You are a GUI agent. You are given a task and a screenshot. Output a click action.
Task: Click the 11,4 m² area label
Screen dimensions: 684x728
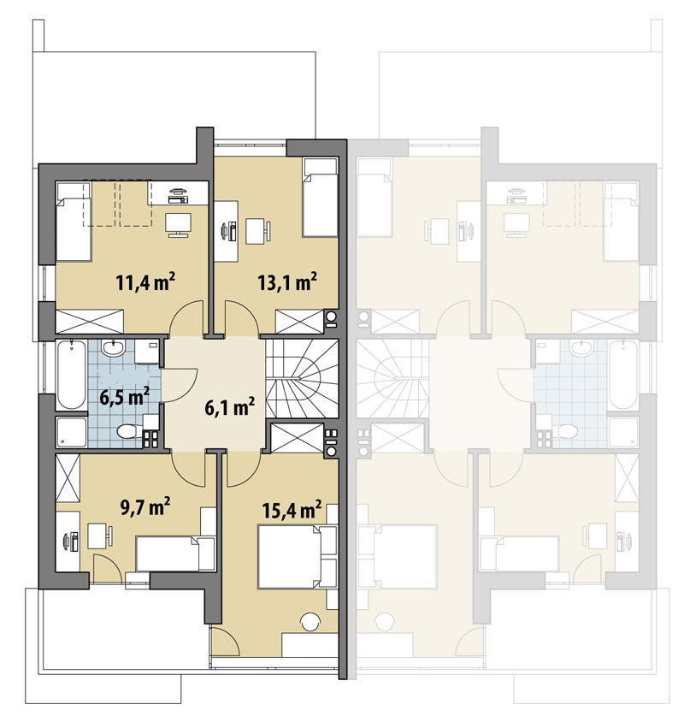(x=145, y=281)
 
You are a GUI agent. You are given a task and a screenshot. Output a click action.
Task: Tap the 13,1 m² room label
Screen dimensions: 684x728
(x=287, y=281)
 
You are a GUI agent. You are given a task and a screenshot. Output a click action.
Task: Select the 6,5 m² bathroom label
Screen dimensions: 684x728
(x=125, y=397)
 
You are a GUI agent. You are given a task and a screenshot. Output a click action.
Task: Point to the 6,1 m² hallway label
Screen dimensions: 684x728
(x=229, y=407)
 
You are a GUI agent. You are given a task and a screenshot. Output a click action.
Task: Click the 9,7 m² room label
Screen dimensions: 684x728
(x=145, y=506)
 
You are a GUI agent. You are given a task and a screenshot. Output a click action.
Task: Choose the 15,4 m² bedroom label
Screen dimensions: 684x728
(x=292, y=509)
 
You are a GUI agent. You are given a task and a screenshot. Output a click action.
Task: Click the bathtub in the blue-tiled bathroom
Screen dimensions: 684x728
(x=71, y=376)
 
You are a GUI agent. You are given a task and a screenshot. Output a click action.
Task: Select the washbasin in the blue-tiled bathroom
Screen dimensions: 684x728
(x=113, y=348)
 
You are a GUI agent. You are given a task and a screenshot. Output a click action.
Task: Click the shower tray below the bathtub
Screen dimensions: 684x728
(x=71, y=432)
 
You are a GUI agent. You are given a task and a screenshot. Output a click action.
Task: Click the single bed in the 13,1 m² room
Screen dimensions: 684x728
(x=320, y=198)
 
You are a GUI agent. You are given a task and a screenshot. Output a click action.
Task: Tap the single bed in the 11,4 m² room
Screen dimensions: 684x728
(x=74, y=221)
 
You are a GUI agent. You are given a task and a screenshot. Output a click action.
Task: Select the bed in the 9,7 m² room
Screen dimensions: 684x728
(x=176, y=553)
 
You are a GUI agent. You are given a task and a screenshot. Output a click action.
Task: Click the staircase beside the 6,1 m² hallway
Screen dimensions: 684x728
(x=302, y=378)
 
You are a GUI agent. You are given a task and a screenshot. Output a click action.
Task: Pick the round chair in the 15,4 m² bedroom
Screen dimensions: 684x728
(x=310, y=622)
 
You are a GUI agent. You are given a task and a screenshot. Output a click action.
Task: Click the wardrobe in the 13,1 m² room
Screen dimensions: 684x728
(x=299, y=322)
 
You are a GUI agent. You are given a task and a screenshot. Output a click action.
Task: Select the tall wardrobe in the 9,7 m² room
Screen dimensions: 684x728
(x=68, y=477)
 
